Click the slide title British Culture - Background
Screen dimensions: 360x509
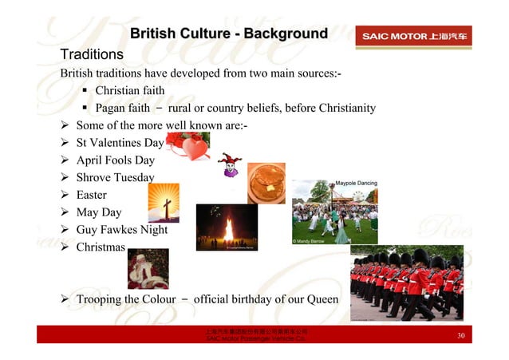(x=228, y=34)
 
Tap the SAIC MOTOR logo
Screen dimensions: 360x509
(x=416, y=37)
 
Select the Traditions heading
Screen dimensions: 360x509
(x=92, y=55)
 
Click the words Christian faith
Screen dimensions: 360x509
(x=129, y=91)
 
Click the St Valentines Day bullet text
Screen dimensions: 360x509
(x=120, y=143)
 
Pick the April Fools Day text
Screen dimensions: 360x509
(x=115, y=160)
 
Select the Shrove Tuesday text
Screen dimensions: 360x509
(x=115, y=177)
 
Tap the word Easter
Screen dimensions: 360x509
(x=91, y=195)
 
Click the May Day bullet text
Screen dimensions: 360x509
(x=98, y=212)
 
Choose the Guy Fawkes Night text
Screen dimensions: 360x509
(x=121, y=230)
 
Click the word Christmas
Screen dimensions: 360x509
(x=101, y=247)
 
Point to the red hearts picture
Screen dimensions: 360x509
(x=187, y=146)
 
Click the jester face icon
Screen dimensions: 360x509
(x=229, y=165)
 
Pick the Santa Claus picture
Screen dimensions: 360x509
(x=148, y=268)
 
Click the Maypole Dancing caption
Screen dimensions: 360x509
(x=356, y=184)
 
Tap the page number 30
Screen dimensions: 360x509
(x=460, y=336)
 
